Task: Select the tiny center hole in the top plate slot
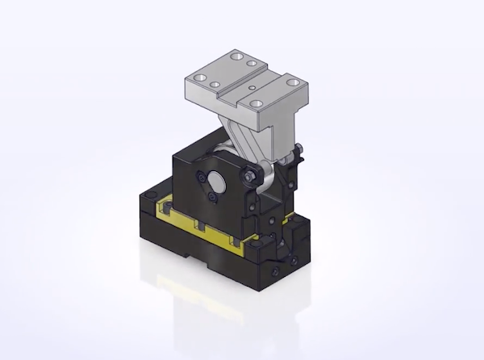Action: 252,86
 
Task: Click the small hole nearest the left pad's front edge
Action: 215,84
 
